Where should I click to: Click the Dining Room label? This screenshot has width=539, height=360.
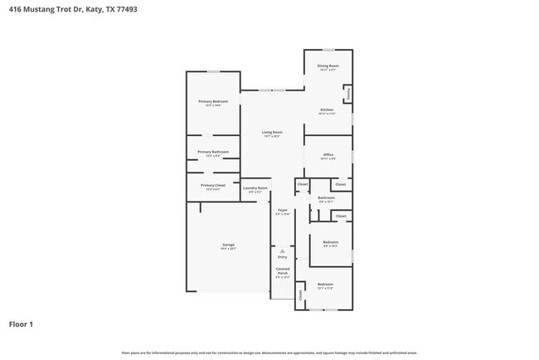click(328, 66)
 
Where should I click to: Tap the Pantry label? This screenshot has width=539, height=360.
click(349, 95)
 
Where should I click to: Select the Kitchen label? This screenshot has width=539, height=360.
click(328, 109)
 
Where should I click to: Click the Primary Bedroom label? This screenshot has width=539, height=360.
click(213, 101)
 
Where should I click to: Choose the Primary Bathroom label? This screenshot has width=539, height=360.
click(213, 152)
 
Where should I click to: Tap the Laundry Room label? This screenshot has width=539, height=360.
click(255, 188)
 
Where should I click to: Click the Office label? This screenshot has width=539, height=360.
click(328, 155)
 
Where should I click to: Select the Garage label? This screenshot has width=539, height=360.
click(228, 245)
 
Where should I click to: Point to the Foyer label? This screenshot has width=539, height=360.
click(282, 211)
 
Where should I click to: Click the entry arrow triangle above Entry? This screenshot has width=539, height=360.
click(282, 251)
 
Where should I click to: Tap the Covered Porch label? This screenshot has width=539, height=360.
click(282, 271)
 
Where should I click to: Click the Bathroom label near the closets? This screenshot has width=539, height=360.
click(326, 197)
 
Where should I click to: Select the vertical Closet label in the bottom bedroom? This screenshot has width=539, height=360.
click(300, 294)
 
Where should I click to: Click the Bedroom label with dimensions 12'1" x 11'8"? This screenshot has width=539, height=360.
click(325, 285)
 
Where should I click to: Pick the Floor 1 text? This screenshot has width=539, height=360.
click(22, 324)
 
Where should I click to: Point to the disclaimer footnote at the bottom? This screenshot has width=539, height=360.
click(269, 353)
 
